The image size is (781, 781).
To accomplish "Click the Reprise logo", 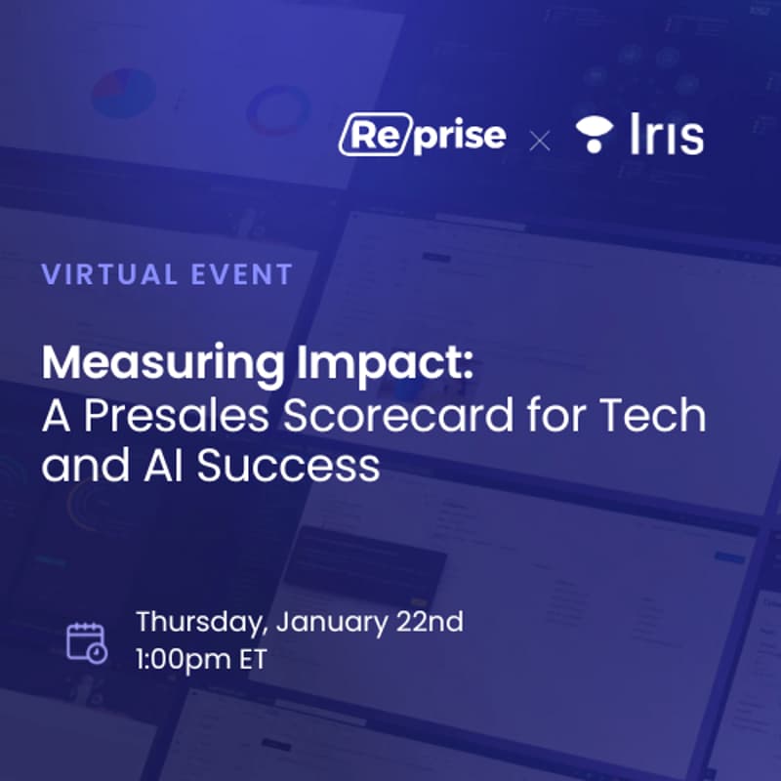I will [422, 136].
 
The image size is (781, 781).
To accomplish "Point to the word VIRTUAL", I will [106, 274].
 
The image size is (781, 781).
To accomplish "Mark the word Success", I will [288, 467].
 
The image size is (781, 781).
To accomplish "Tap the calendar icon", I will [87, 641].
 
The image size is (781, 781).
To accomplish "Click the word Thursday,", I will [201, 621].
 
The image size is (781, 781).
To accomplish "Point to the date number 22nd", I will [432, 621].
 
